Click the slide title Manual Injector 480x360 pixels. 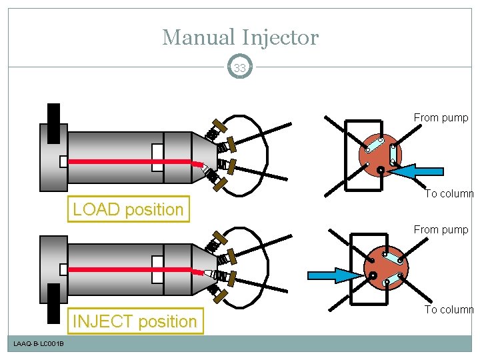coord(240,37)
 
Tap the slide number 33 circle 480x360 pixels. coord(240,67)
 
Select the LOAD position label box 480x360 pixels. coord(128,209)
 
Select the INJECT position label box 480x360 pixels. coord(134,321)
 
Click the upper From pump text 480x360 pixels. coord(441,118)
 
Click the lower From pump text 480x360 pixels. coord(441,230)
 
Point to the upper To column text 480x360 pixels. coord(449,194)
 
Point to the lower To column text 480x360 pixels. coord(449,309)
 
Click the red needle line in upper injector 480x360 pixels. coord(133,162)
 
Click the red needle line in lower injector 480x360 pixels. coord(133,269)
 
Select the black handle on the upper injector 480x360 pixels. coord(53,123)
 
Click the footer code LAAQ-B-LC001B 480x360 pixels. coord(38,343)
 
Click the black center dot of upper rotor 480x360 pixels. coord(379,170)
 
